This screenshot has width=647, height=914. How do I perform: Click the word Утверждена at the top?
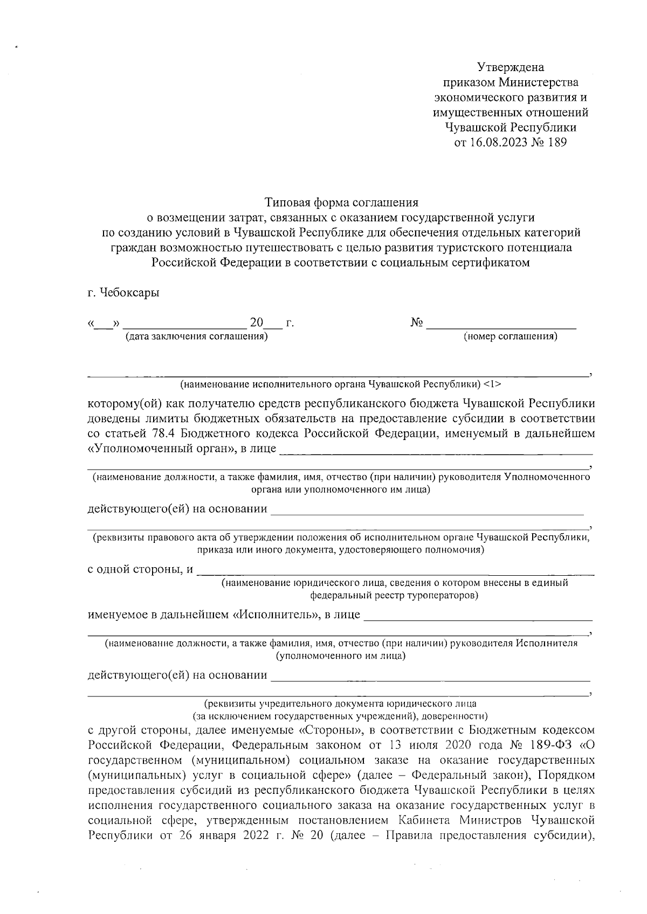tap(511, 67)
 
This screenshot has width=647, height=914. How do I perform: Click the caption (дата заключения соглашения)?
tap(196, 337)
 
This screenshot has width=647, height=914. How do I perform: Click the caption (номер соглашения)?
tap(510, 337)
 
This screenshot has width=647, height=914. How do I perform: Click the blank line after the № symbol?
tap(501, 324)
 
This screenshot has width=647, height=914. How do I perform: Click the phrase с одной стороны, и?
tap(140, 570)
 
